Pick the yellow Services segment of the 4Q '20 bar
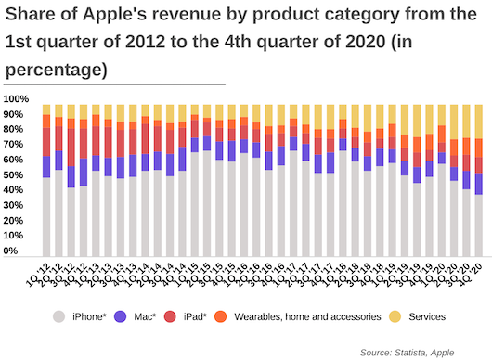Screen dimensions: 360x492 click(479, 122)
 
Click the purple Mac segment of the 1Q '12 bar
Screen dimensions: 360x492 click(46, 167)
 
